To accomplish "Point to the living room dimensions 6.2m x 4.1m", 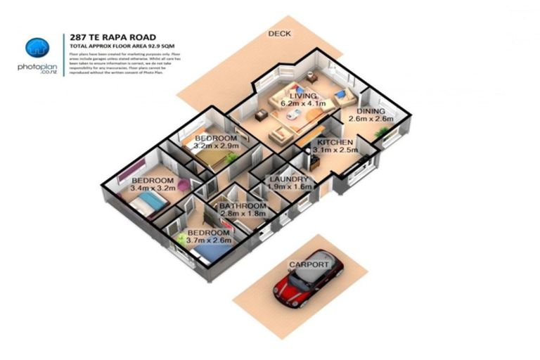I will [304, 104].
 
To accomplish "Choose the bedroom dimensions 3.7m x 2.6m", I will [208, 241].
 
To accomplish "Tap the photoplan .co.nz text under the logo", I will [37, 67].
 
